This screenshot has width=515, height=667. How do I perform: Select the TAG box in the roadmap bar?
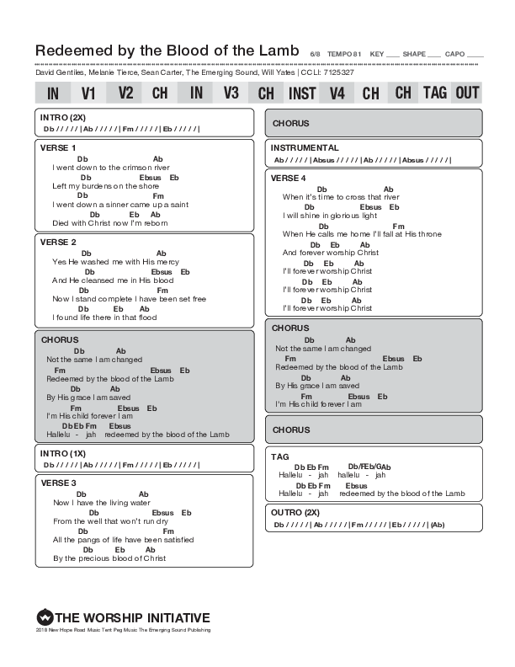[x=435, y=93]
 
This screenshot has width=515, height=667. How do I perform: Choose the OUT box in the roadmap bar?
[x=466, y=93]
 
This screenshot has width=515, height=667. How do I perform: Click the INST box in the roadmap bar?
[x=302, y=93]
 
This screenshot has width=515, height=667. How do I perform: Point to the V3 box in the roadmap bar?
[x=231, y=93]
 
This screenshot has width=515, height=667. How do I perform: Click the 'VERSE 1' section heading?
[x=58, y=147]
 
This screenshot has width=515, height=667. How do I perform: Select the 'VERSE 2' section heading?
[x=58, y=242]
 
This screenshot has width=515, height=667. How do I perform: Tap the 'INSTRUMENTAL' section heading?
[x=305, y=147]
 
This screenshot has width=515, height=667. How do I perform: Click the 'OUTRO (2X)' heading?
[x=295, y=512]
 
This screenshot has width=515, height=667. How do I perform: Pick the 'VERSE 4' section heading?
[x=289, y=178]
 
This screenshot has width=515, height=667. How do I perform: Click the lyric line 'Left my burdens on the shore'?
[x=105, y=186]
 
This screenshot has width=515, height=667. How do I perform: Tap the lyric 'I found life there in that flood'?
[x=104, y=317]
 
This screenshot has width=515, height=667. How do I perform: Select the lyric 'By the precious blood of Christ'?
[x=109, y=558]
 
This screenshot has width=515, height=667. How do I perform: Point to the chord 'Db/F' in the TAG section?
[x=358, y=467]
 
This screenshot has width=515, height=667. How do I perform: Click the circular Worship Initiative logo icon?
[x=45, y=617]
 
